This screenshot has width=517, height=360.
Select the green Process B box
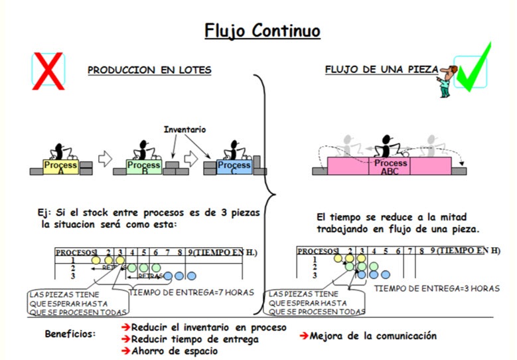(143, 166)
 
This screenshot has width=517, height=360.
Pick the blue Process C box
(234, 166)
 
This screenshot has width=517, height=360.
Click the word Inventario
(185, 130)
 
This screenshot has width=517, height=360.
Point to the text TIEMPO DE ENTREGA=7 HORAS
(191, 292)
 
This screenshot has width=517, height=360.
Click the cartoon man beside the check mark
(445, 80)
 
